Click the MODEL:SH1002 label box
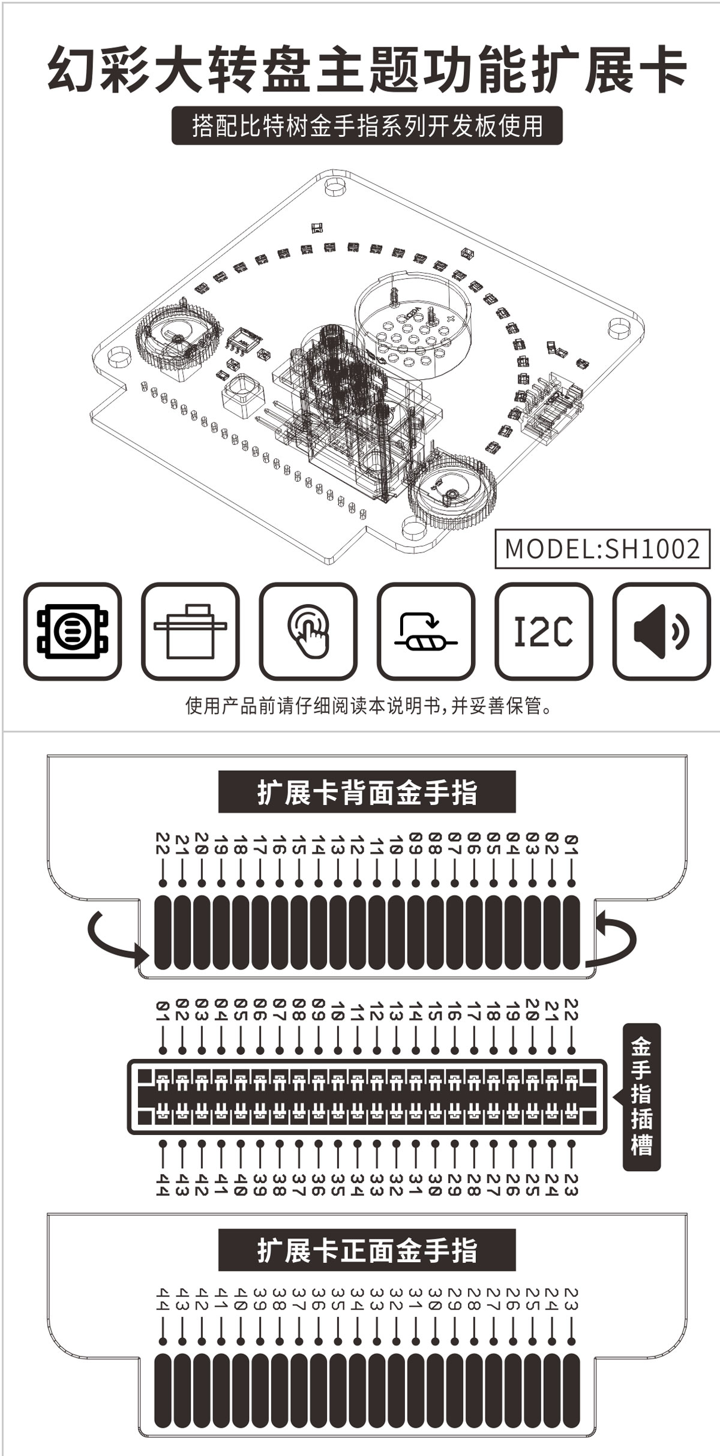pyautogui.click(x=602, y=548)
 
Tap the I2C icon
pyautogui.click(x=544, y=631)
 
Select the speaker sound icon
pyautogui.click(x=661, y=631)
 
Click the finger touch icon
pyautogui.click(x=308, y=631)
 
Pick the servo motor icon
pyautogui.click(x=190, y=631)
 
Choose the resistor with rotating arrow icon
pyautogui.click(x=426, y=631)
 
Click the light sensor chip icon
pyautogui.click(x=73, y=631)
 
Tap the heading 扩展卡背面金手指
pyautogui.click(x=367, y=792)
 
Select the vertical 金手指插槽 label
pyautogui.click(x=641, y=1097)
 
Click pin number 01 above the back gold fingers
pyautogui.click(x=571, y=843)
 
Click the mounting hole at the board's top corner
pyautogui.click(x=334, y=185)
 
